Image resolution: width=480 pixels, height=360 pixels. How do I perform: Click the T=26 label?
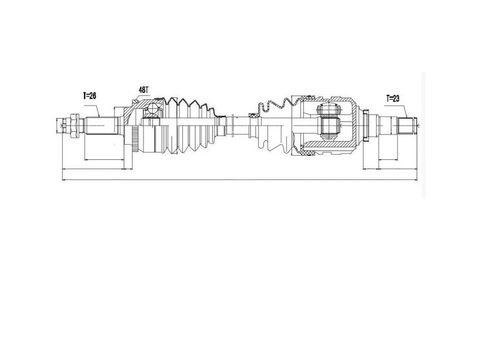tap(89, 96)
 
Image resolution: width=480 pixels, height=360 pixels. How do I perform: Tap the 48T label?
tap(144, 90)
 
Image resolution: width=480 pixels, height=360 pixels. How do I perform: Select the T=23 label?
tap(393, 98)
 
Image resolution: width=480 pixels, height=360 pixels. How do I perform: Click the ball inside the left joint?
tap(152, 108)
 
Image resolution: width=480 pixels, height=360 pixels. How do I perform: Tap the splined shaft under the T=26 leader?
tap(101, 125)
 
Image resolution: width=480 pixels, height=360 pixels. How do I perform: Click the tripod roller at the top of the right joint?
tap(330, 108)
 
